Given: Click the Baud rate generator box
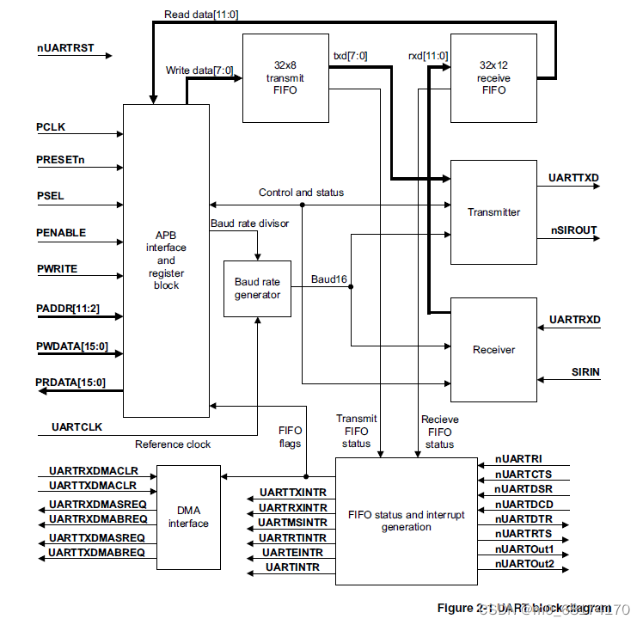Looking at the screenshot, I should coord(258,288).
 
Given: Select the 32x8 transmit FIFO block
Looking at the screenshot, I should coord(285,77).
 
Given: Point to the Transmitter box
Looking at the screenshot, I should coord(493,211).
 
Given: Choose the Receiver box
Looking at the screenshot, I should coord(493,349).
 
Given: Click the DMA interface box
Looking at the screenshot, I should coord(188,517).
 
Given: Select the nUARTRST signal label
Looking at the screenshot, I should coord(66,48).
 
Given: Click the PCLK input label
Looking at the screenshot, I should coord(51,127).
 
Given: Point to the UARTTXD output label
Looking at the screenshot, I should coord(574,178).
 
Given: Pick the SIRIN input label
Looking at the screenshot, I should coord(585,372).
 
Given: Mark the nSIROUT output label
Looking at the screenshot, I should coord(573,230).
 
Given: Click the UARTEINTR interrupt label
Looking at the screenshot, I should coord(293,552).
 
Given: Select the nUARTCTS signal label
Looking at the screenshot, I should coord(524,475).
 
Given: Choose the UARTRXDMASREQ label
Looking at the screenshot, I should coord(97,504).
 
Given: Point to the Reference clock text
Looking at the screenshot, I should coord(173,444).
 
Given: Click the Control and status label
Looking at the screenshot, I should coord(301,193).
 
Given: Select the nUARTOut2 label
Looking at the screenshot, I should coord(524,564).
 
